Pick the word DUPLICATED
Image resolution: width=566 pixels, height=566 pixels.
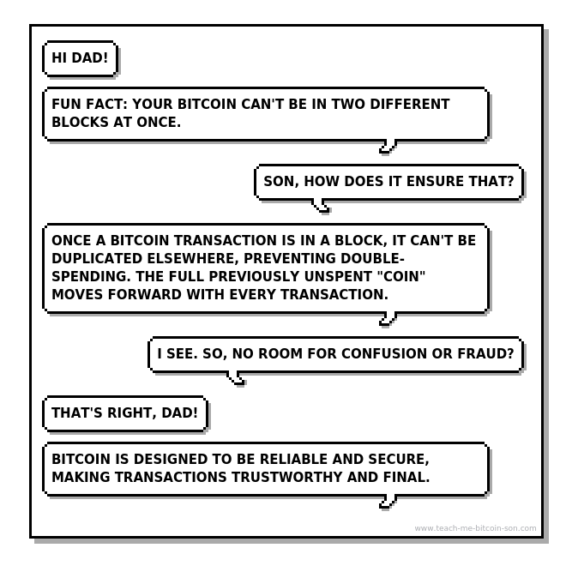[x=93, y=258]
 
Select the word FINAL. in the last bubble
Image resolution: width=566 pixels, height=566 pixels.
[x=407, y=476]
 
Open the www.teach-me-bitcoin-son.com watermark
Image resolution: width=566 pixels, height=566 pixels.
[x=475, y=528]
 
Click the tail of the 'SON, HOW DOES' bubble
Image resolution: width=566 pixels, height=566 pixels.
[x=321, y=206]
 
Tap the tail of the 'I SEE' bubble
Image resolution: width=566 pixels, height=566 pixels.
[x=234, y=378]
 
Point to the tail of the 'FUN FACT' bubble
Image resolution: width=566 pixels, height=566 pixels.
[x=388, y=147]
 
